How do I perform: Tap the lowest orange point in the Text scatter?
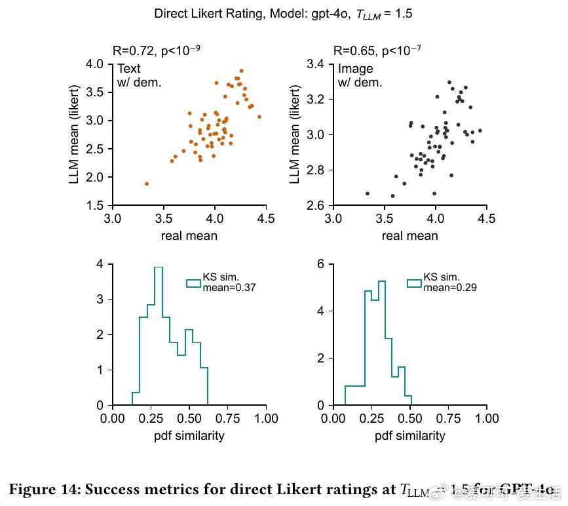(x=146, y=184)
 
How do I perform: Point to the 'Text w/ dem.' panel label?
(x=139, y=75)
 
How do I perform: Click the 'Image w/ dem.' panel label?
(x=359, y=75)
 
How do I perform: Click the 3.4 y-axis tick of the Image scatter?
(x=316, y=64)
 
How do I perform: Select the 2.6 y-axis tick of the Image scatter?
(x=316, y=205)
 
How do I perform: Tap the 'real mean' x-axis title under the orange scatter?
(x=189, y=235)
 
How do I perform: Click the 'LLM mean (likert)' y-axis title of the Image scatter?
(x=295, y=134)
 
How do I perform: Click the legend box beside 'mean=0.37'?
(x=193, y=283)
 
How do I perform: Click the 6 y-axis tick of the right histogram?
(x=321, y=263)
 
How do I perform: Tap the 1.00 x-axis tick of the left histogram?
(x=265, y=418)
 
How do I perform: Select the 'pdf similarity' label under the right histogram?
(x=409, y=435)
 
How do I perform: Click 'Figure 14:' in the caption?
(x=44, y=489)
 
